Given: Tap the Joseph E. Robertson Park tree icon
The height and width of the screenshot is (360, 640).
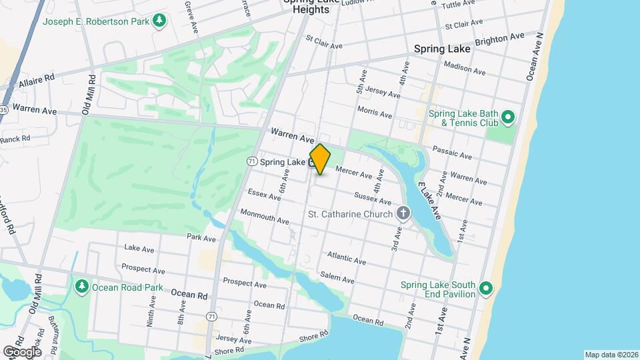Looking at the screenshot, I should click(159, 21).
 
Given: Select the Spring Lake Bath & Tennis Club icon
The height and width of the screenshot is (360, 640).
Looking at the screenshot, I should click(507, 118).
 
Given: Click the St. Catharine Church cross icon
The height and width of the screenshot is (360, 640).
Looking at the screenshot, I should click(403, 214).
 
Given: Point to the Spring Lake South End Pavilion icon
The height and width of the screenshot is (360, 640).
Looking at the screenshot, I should click(486, 289).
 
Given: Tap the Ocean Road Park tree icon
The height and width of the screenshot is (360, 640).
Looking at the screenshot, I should click(82, 287).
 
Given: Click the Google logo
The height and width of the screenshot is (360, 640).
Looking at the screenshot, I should click(21, 351).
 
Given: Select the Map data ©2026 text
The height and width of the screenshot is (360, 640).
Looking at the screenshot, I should click(611, 355).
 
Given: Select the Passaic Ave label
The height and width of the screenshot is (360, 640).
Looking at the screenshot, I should click(452, 152).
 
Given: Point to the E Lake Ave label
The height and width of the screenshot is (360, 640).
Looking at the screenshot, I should click(429, 200).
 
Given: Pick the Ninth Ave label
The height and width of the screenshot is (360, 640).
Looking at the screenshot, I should click(150, 313).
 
